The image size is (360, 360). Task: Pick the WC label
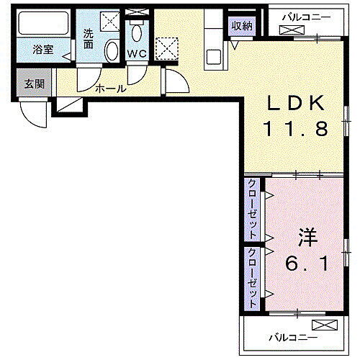[x=137, y=53]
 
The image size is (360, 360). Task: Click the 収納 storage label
[x=242, y=26]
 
